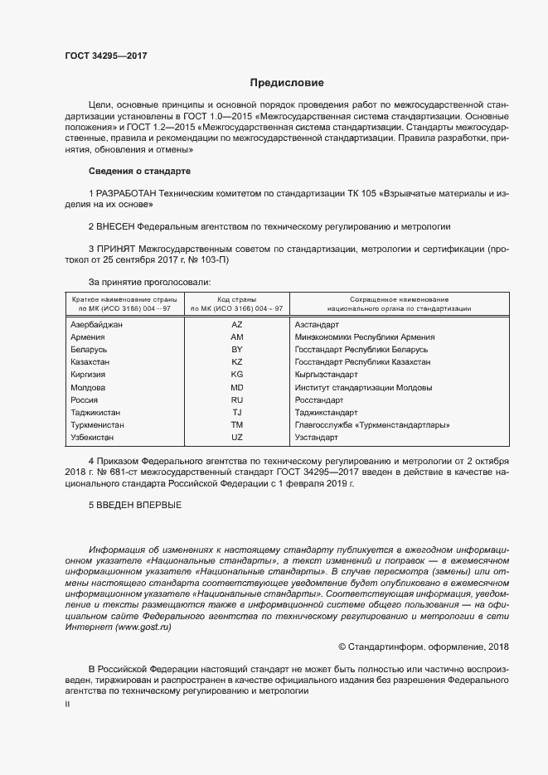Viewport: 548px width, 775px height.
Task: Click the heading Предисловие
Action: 287,83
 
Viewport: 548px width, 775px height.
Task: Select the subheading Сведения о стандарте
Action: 139,171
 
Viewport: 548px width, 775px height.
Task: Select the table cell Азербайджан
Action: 96,325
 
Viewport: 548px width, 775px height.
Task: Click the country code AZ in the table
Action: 236,325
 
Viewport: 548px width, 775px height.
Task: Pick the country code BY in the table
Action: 236,350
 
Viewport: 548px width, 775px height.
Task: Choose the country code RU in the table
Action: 236,400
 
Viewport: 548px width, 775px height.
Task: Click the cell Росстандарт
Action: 319,400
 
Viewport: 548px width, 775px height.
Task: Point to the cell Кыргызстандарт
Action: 327,375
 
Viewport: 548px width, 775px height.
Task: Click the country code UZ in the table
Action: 236,437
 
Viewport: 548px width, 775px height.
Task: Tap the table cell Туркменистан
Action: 97,424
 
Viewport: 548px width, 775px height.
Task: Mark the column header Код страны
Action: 236,298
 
